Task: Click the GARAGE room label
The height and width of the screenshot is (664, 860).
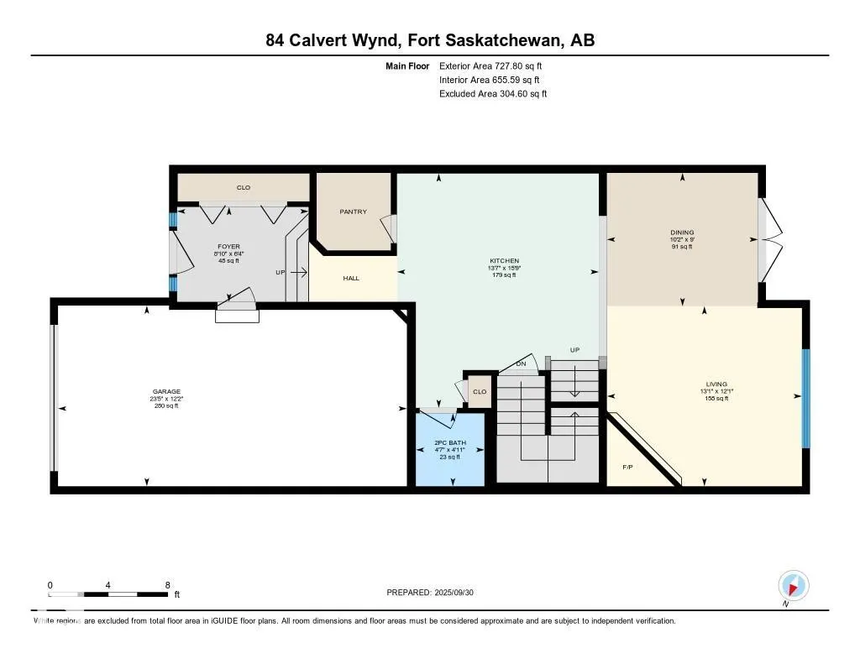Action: pos(160,391)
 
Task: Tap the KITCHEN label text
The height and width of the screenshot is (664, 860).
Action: pos(505,261)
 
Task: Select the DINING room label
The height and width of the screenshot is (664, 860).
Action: pos(682,233)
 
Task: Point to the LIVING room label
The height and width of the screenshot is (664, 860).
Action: pos(716,384)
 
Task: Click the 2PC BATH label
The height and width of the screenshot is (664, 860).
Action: pos(450,442)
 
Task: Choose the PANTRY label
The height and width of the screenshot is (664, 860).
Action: pos(353,212)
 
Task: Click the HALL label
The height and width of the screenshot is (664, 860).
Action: pos(351,278)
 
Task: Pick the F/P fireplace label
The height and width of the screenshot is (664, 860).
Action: pos(627,467)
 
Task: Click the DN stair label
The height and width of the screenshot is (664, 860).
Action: pos(521,363)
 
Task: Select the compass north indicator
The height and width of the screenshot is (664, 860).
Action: pos(793,585)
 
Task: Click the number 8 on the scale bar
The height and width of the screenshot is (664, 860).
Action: pos(168,585)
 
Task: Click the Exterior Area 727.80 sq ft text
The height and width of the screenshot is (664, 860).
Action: pos(496,65)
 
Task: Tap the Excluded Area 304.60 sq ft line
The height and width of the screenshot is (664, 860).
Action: pos(493,94)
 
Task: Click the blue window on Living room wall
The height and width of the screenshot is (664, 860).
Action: pos(805,397)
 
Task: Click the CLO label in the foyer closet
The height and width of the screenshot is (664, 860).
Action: pos(243,188)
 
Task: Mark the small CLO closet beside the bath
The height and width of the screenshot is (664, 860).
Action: pos(480,392)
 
